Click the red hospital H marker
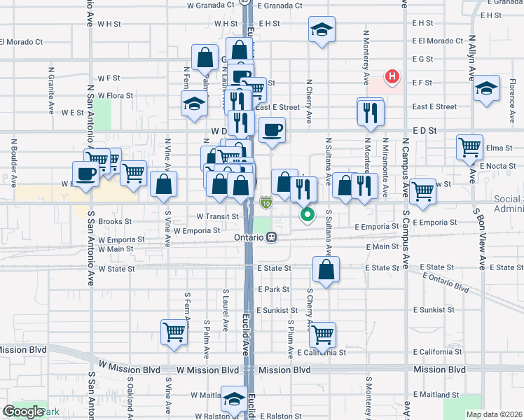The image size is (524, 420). point(392,76)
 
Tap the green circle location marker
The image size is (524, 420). point(307,215)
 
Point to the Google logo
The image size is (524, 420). point(22,412)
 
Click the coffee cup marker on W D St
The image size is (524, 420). point(272,129)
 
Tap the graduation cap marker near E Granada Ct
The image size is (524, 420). point(322,29)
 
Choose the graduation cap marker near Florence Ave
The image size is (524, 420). point(486,89)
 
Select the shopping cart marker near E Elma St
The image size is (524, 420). point(469,147)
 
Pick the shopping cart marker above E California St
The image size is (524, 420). point(322,335)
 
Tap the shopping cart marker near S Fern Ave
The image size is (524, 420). point(174,332)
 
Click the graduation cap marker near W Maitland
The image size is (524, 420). point(234,399)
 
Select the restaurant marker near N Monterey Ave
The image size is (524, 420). point(371,111)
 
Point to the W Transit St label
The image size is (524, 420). point(218,216)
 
